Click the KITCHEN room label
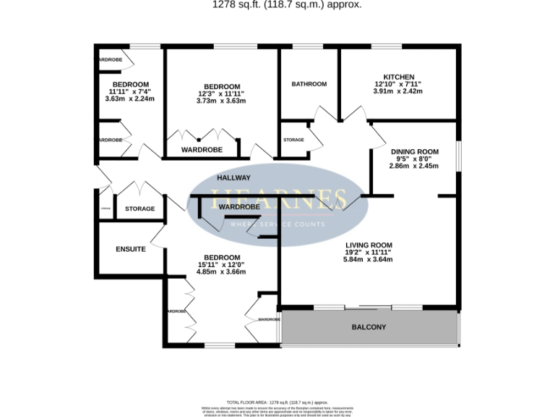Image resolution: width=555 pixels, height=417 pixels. click(398, 77)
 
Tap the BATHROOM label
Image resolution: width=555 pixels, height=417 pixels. click(309, 84)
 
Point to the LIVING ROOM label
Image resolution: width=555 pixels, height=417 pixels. click(369, 245)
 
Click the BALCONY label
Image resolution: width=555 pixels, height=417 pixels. click(369, 327)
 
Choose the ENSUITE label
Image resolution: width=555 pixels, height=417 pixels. click(131, 249)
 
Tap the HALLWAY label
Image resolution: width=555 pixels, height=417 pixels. click(234, 177)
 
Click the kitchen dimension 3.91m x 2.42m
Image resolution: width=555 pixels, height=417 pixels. click(398, 92)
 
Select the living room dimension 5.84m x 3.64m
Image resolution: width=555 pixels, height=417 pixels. click(369, 260)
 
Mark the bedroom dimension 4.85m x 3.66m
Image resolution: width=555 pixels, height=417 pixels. click(222, 272)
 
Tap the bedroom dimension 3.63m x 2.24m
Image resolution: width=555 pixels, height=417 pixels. click(130, 99)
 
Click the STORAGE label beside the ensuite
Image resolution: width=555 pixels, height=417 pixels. click(139, 208)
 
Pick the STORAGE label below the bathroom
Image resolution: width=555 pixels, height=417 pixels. click(293, 140)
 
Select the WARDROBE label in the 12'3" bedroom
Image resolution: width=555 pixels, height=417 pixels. click(201, 150)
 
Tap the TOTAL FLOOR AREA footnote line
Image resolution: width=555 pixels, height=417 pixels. click(277, 402)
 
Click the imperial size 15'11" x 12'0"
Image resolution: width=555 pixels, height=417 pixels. click(222, 265)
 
